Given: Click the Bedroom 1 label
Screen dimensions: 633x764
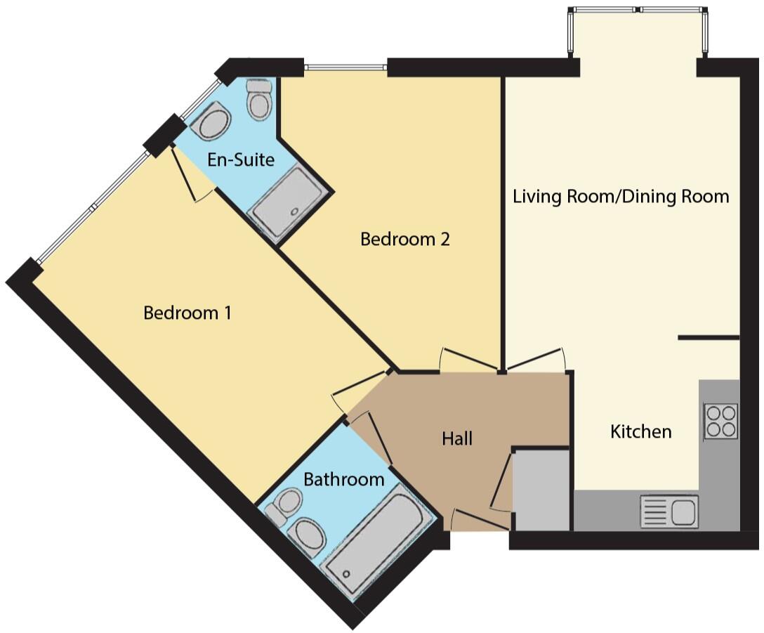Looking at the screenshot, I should (x=187, y=313).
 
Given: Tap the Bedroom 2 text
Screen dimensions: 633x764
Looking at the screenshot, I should (x=404, y=240).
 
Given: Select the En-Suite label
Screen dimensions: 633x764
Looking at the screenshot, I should (x=240, y=160).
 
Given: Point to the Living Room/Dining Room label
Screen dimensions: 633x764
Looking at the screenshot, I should (x=621, y=196).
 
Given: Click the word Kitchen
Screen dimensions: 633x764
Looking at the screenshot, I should (x=640, y=431).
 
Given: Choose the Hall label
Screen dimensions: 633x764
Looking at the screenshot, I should (x=457, y=439).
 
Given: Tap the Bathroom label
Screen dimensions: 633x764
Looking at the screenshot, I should (x=343, y=480).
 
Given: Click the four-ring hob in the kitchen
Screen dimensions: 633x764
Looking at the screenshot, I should (x=721, y=421).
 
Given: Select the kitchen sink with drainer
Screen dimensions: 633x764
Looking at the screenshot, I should (x=669, y=510).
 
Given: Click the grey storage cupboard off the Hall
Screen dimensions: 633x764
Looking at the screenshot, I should (x=541, y=490).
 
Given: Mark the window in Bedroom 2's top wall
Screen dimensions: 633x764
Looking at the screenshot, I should (x=345, y=68).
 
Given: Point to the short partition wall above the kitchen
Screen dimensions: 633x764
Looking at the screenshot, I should (x=709, y=339).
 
